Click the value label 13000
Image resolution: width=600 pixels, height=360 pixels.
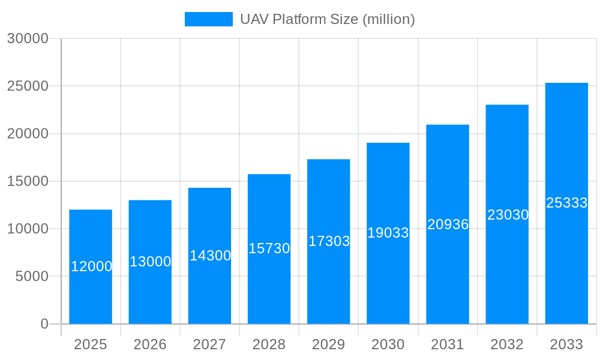point(151,262)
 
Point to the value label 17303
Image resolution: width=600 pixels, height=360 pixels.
point(329,241)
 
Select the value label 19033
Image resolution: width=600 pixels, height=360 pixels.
point(388,233)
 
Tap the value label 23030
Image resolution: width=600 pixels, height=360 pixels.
point(508,215)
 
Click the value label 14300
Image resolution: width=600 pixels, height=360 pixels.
point(210,256)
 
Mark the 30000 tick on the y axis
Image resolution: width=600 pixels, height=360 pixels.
point(28,38)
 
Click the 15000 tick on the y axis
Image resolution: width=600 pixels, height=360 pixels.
point(28,181)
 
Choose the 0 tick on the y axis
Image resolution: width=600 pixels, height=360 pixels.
point(44,324)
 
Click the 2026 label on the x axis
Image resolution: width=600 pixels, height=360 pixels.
point(150,344)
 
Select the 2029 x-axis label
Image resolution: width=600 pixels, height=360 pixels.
point(329,344)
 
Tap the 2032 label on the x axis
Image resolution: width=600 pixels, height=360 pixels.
point(507,344)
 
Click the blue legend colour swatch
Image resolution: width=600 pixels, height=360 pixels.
point(208,19)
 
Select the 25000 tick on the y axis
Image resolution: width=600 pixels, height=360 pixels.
point(28,86)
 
